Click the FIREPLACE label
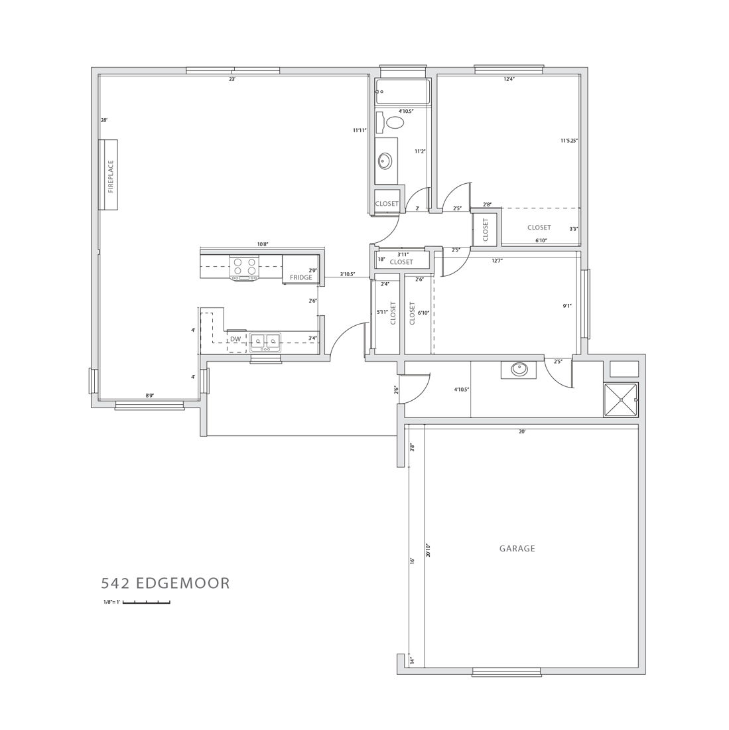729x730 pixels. pyautogui.click(x=111, y=177)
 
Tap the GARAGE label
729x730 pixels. pyautogui.click(x=517, y=548)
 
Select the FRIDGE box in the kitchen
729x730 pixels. pyautogui.click(x=301, y=269)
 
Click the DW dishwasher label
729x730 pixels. pyautogui.click(x=236, y=339)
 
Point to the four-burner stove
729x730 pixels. pyautogui.click(x=245, y=268)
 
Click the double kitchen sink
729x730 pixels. pyautogui.click(x=265, y=343)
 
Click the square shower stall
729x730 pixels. pyautogui.click(x=621, y=400)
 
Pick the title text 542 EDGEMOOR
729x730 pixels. pyautogui.click(x=166, y=583)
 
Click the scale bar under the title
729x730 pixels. pyautogui.click(x=147, y=603)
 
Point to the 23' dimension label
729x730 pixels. pyautogui.click(x=232, y=79)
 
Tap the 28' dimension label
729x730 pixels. pyautogui.click(x=105, y=120)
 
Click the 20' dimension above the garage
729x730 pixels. pyautogui.click(x=522, y=431)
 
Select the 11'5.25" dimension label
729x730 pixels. pyautogui.click(x=569, y=139)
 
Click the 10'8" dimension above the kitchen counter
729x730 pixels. pyautogui.click(x=263, y=244)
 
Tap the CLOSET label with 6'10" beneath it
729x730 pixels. pyautogui.click(x=539, y=227)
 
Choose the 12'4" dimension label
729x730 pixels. pyautogui.click(x=509, y=79)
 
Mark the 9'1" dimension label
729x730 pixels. pyautogui.click(x=568, y=306)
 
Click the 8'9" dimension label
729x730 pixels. pyautogui.click(x=149, y=396)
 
